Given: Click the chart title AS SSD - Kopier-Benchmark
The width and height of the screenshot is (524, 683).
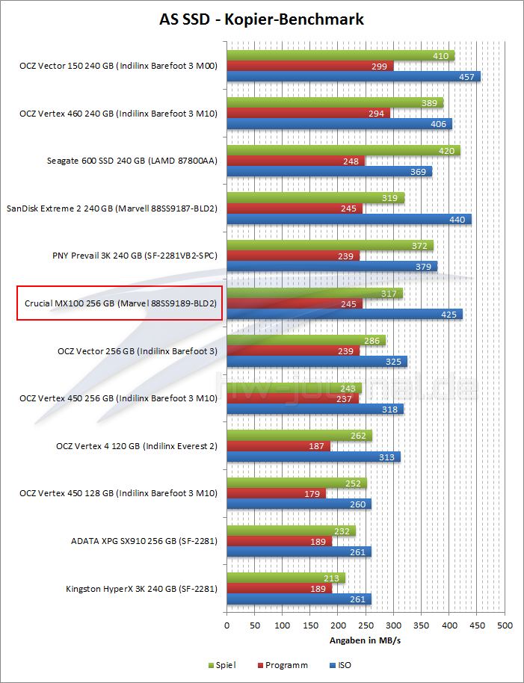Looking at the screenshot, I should (262, 19).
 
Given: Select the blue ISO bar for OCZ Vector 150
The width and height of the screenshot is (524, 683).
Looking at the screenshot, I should (353, 77).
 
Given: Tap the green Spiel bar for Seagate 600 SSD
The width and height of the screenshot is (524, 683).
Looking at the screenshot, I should (343, 151).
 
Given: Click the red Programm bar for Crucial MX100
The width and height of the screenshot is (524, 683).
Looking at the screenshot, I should (295, 303).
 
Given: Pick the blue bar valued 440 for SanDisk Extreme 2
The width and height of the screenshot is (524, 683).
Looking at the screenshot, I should (348, 219).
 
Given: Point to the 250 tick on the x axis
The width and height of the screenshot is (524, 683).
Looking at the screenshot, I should (366, 625).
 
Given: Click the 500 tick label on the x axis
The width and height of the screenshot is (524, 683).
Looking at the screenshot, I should (504, 625).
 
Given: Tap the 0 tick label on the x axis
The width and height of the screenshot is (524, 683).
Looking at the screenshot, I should (227, 625).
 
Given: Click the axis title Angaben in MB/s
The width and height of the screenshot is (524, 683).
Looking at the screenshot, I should (366, 641).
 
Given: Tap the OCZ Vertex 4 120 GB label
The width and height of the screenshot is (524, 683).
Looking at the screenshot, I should (137, 446).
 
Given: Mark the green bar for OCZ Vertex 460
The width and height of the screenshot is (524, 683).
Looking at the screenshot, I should (334, 103).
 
